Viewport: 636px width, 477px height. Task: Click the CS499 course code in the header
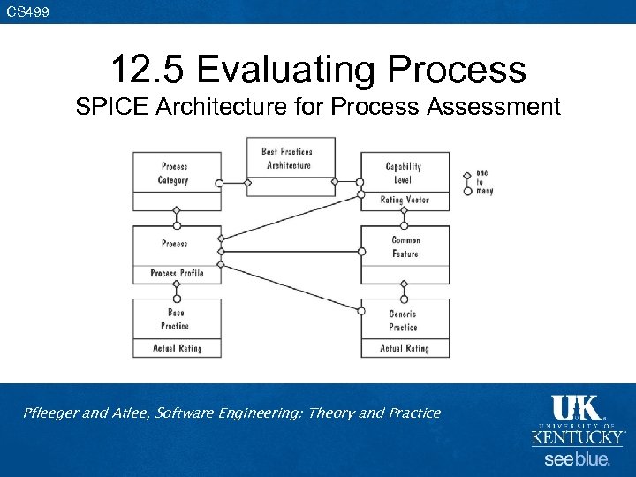(28, 11)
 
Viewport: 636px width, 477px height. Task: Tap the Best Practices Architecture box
(287, 158)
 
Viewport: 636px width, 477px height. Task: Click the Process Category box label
(174, 173)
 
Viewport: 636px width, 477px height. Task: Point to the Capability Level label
(404, 173)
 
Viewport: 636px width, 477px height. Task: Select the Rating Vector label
(405, 201)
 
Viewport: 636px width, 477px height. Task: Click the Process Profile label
(177, 274)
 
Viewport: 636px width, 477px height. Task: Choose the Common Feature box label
(405, 246)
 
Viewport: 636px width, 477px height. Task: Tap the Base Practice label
(176, 319)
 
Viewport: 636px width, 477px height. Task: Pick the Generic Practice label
(404, 321)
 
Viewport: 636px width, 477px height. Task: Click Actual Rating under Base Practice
(177, 349)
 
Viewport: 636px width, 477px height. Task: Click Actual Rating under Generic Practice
(405, 349)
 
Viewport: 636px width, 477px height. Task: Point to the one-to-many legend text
(483, 182)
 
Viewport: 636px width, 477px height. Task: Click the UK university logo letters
(576, 408)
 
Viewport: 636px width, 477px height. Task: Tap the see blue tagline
(576, 460)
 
